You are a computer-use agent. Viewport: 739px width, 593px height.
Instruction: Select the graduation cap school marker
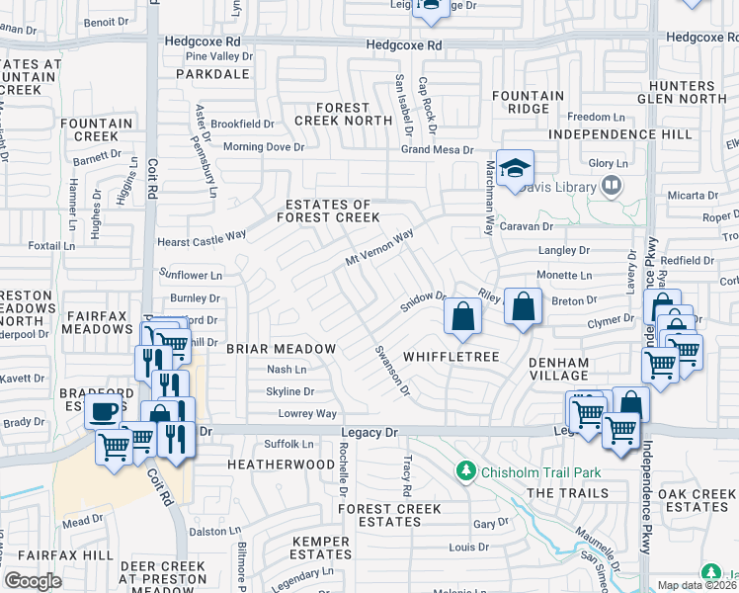pyautogui.click(x=515, y=170)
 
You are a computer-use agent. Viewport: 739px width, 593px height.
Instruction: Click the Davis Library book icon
pyautogui.click(x=612, y=186)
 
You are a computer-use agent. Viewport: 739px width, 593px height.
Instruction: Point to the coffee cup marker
pyautogui.click(x=103, y=411)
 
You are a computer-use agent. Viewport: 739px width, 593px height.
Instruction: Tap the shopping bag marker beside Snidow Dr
pyautogui.click(x=461, y=316)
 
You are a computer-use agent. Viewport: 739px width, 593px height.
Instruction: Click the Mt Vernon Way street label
pyautogui.click(x=378, y=248)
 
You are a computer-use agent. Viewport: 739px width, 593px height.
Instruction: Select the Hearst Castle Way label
pyautogui.click(x=202, y=239)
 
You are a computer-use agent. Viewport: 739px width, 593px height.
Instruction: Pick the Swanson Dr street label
pyautogui.click(x=391, y=369)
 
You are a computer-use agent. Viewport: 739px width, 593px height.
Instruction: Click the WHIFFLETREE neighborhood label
pyautogui.click(x=451, y=355)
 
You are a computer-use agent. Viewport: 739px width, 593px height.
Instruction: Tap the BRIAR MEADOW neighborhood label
pyautogui.click(x=282, y=349)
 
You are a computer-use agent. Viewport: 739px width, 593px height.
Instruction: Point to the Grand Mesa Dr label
pyautogui.click(x=438, y=150)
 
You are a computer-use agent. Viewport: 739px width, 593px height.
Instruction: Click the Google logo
pyautogui.click(x=33, y=581)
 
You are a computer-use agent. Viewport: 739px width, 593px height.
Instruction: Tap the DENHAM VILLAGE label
pyautogui.click(x=557, y=369)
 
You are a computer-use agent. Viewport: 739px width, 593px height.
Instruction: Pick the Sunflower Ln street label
pyautogui.click(x=191, y=275)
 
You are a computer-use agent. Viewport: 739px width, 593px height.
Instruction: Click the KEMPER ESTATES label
pyautogui.click(x=321, y=550)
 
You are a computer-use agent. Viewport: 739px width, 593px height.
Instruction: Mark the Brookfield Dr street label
pyautogui.click(x=242, y=125)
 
